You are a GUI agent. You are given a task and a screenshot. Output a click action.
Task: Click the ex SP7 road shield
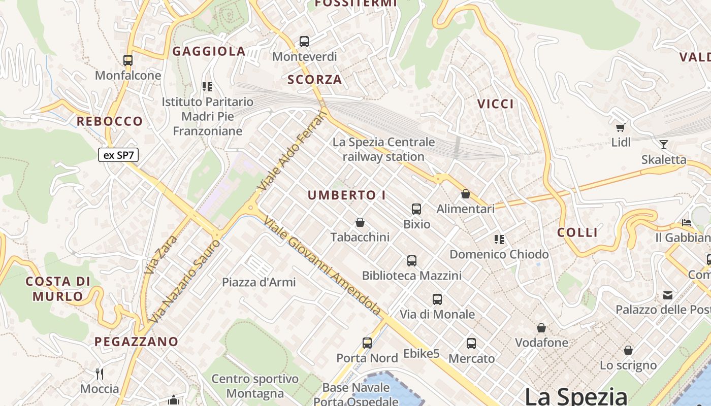(118, 155)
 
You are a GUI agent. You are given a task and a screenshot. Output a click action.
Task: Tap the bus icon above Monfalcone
(128, 60)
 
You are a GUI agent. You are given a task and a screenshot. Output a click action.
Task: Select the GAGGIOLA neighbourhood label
(209, 51)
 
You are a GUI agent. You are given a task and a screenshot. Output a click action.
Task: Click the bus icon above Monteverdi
(304, 42)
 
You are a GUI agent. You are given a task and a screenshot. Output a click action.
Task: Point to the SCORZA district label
(315, 80)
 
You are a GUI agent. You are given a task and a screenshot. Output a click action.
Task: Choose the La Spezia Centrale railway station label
(383, 149)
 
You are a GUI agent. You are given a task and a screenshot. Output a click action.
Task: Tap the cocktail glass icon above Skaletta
(663, 144)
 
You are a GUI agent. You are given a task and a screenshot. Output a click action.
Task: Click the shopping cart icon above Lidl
(620, 127)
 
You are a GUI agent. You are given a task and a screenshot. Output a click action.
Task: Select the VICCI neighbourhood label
(496, 104)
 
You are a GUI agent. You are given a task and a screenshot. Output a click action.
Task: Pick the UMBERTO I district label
(347, 195)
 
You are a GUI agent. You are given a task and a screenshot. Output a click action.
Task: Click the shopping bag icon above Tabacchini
(360, 222)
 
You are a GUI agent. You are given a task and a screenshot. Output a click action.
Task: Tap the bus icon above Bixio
(416, 209)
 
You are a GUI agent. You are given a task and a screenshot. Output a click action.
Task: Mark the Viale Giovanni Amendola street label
(322, 266)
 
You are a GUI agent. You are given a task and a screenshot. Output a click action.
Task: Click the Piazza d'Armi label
(259, 282)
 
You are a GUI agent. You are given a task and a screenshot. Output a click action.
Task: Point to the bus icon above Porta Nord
(367, 343)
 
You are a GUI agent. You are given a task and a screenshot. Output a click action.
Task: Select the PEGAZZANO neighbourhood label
(137, 342)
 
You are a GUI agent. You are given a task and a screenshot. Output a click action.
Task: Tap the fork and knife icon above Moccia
(100, 374)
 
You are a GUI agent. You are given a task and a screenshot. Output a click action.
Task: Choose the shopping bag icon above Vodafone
(541, 328)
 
